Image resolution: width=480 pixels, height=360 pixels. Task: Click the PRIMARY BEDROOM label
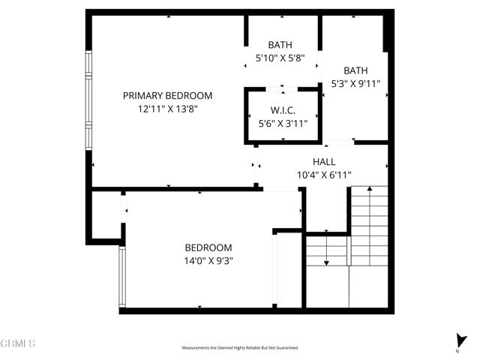(167, 96)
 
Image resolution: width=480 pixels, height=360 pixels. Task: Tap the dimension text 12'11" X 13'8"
(167, 109)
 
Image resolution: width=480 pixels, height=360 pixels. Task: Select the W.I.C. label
(283, 111)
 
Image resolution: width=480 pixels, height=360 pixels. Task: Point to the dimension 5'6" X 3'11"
(283, 124)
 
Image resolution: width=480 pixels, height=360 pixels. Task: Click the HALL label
(323, 162)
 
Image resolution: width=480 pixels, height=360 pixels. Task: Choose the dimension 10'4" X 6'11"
(323, 175)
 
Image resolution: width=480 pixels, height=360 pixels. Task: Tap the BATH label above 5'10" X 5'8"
(283, 44)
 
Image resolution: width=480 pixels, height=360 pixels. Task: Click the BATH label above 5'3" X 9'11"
(355, 70)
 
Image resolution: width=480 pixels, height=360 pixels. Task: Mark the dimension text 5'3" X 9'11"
(355, 84)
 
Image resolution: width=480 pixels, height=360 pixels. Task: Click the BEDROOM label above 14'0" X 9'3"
(208, 247)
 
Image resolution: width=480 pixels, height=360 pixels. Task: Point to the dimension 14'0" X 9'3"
(208, 261)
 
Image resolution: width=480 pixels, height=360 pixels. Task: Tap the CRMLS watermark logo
(18, 343)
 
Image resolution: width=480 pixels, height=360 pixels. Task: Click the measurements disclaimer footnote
(240, 348)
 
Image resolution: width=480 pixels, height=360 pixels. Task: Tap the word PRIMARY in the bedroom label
(144, 96)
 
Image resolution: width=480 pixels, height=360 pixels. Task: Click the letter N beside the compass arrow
(456, 351)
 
